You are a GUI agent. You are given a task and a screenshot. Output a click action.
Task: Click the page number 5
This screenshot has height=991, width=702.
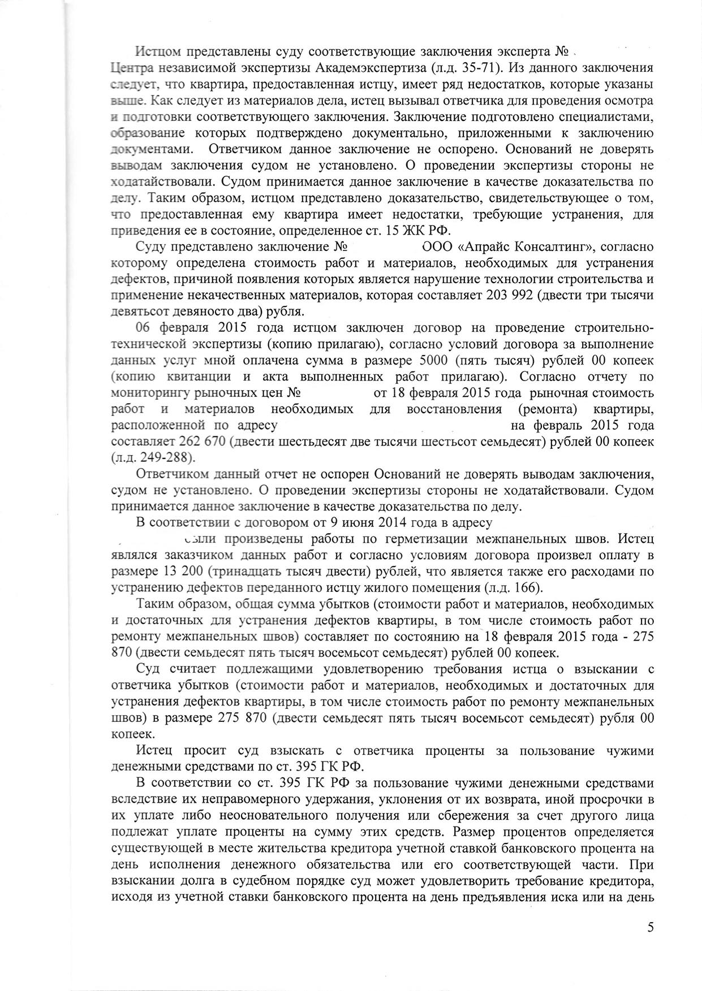pyautogui.click(x=650, y=927)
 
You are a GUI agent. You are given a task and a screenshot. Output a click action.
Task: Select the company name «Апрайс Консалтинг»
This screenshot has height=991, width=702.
pyautogui.click(x=518, y=247)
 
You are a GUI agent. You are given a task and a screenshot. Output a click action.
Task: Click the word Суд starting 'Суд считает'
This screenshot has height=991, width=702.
pyautogui.click(x=149, y=669)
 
